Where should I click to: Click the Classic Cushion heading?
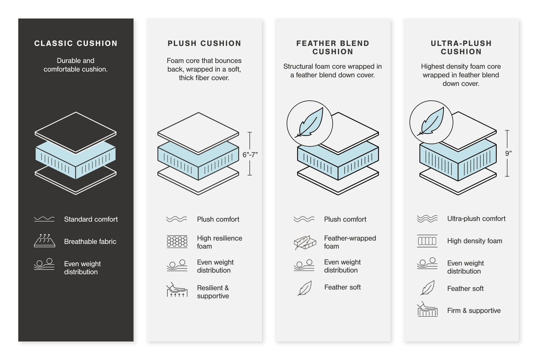click(76, 43)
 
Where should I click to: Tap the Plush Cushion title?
click(204, 43)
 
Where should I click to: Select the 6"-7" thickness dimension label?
click(250, 155)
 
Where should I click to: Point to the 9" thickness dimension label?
click(508, 153)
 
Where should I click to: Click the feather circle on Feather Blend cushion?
click(309, 124)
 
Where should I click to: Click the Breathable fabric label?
click(90, 242)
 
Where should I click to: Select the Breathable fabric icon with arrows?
click(44, 240)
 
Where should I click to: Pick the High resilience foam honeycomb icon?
click(177, 242)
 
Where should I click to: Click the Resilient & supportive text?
click(213, 292)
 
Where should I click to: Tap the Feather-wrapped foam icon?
click(305, 242)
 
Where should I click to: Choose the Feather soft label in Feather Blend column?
click(342, 287)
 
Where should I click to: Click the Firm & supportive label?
click(473, 310)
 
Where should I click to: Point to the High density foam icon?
click(427, 241)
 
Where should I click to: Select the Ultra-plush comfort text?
click(476, 218)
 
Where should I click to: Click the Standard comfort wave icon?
click(44, 219)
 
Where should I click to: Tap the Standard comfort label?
click(91, 219)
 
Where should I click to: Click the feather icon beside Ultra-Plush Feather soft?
click(427, 288)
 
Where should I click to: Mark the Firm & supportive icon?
click(427, 310)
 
